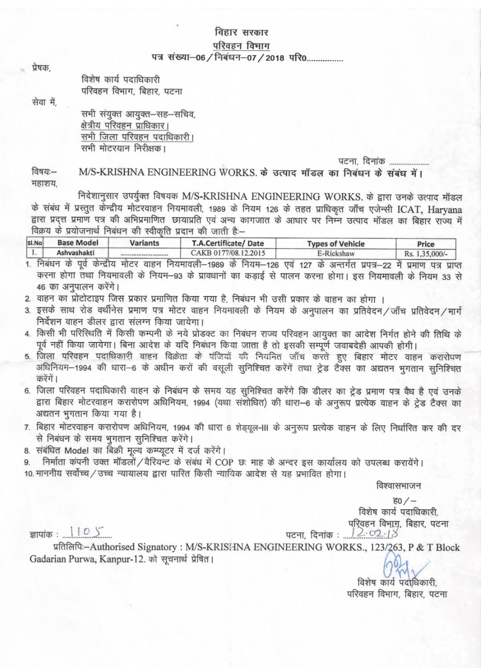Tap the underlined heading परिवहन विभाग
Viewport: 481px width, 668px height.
[241, 46]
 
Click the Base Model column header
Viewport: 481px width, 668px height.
[78, 243]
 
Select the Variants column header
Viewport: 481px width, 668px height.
[144, 243]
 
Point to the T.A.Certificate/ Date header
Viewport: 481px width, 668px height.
[228, 243]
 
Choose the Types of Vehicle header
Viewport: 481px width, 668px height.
[336, 244]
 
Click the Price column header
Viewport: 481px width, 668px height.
[425, 244]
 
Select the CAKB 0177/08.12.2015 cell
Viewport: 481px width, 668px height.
[228, 253]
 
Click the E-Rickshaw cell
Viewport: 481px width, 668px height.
[336, 253]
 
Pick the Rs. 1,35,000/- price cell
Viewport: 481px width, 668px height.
[426, 253]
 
